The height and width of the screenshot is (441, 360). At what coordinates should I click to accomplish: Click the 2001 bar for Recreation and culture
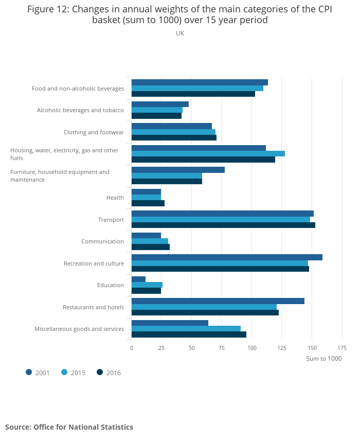tap(227, 257)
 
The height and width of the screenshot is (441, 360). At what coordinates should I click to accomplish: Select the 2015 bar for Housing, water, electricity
tap(208, 153)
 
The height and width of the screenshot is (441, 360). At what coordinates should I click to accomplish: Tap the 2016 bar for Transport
tap(223, 225)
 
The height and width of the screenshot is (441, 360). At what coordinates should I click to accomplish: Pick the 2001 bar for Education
tap(138, 279)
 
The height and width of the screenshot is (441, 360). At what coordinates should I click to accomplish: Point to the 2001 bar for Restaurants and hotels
tap(218, 301)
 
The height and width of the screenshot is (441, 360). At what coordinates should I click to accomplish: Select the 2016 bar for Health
tap(148, 203)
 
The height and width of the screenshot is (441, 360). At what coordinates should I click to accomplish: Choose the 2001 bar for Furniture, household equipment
tap(178, 170)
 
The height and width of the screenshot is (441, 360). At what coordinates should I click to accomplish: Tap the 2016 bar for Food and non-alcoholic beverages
tap(193, 94)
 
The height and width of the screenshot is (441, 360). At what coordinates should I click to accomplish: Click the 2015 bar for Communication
tap(150, 241)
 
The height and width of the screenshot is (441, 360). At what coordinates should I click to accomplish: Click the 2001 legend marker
tap(29, 373)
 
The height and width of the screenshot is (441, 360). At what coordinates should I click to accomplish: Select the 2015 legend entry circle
tap(64, 373)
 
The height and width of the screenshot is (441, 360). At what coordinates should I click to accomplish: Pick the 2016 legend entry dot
tap(100, 373)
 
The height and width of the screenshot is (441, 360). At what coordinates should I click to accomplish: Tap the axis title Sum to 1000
tap(323, 359)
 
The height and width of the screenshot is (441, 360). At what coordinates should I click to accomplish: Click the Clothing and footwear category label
tap(94, 132)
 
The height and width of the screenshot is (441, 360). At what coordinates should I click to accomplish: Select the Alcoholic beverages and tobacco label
tap(80, 110)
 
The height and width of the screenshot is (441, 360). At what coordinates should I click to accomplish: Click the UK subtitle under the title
tap(180, 33)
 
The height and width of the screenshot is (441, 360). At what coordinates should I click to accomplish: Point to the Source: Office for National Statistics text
tap(69, 427)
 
